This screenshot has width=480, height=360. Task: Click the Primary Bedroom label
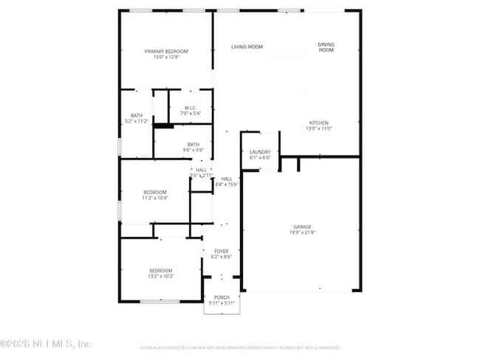166,51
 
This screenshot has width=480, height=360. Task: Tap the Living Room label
247,47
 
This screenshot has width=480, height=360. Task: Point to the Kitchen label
319,122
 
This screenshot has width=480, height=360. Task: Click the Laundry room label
260,152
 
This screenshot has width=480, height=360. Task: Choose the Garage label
302,226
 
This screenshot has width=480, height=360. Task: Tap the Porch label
222,297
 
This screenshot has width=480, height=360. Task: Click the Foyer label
222,252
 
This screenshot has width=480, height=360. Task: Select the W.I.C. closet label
191,108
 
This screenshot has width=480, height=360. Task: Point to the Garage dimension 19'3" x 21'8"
302,232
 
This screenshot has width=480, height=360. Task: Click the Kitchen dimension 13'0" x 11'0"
319,128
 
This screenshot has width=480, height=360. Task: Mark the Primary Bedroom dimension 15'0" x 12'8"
166,57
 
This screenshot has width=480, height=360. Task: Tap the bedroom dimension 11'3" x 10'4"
155,198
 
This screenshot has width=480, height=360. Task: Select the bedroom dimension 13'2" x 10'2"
161,276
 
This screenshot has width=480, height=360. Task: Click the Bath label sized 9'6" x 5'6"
193,145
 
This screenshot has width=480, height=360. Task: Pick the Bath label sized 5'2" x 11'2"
137,115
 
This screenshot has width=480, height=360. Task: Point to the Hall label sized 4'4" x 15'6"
227,179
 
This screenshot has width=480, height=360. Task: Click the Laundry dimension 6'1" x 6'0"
260,158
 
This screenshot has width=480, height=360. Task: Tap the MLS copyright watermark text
46,344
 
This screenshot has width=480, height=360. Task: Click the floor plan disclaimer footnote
239,347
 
